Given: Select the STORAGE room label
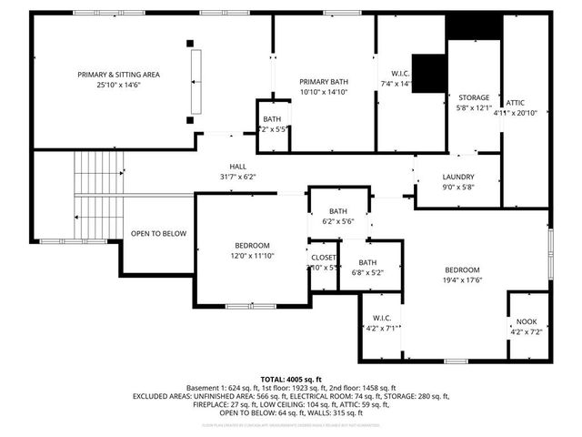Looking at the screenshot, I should click(x=473, y=97).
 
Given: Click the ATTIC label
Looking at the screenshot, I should click(x=515, y=102).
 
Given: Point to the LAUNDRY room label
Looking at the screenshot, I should click(x=457, y=176).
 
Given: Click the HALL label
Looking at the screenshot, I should click(x=237, y=166).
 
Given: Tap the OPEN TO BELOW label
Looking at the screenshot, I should click(x=158, y=234).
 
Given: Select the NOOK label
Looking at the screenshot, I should click(x=527, y=321).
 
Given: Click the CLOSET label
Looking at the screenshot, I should click(x=323, y=257).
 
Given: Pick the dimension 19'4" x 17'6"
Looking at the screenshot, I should click(x=463, y=280).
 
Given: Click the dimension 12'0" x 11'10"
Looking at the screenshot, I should click(x=251, y=256).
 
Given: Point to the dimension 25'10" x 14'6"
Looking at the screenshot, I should click(x=120, y=85).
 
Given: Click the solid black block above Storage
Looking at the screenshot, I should click(x=474, y=26).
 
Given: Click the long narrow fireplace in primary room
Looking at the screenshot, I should click(x=193, y=80).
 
